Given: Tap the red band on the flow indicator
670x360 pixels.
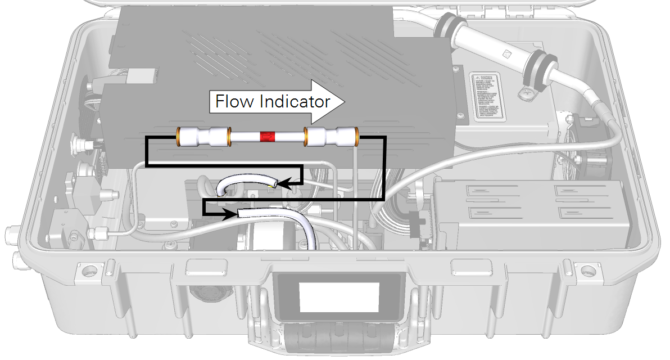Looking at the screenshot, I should tap(266, 136).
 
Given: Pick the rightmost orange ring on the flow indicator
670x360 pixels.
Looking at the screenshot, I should tap(356, 136).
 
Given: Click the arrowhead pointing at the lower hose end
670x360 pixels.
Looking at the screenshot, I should tap(231, 213).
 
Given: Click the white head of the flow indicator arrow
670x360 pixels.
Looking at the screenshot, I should tap(332, 102).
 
